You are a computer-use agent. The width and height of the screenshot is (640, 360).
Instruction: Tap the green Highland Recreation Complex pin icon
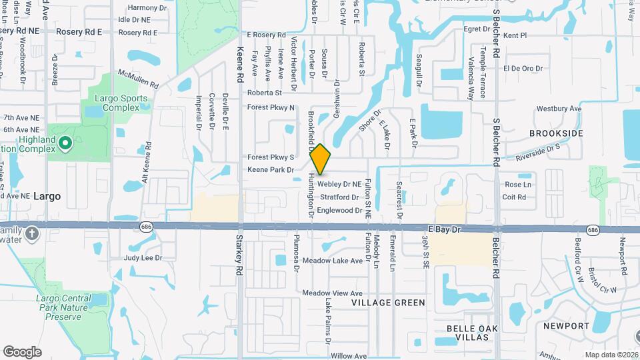(65, 143)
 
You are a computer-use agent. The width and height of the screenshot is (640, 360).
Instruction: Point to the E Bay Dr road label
(445, 229)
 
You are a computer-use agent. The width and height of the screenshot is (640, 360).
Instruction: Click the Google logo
(22, 351)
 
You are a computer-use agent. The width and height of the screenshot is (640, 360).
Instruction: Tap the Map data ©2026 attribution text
(611, 354)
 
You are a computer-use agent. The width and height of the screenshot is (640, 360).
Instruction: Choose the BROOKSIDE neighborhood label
(556, 133)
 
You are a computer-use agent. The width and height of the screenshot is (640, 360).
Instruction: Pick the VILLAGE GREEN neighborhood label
(389, 303)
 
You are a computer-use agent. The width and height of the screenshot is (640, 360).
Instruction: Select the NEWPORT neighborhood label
(566, 326)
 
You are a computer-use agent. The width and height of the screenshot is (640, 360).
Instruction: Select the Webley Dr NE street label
(339, 184)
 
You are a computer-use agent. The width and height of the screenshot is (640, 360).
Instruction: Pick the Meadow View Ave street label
(332, 293)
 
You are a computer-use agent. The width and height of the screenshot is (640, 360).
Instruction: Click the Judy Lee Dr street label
(143, 257)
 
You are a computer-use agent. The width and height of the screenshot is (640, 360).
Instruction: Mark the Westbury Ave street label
(559, 109)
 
